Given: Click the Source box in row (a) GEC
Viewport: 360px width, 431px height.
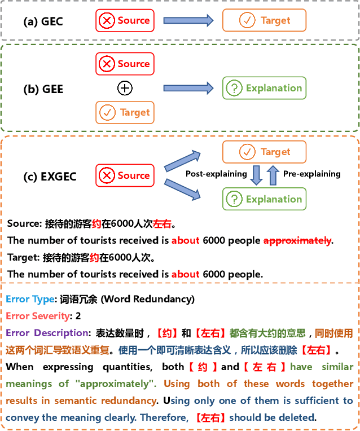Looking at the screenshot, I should [125, 21].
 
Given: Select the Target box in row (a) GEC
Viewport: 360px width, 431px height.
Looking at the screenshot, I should [264, 21].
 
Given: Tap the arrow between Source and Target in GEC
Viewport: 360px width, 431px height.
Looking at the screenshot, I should [188, 21].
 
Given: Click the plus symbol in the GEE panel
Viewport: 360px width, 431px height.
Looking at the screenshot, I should [125, 88].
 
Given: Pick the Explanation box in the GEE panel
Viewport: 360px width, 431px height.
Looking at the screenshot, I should [264, 88].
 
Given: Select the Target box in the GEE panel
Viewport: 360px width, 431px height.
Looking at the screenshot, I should [125, 113].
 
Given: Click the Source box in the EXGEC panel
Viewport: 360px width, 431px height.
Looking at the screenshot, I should [125, 175].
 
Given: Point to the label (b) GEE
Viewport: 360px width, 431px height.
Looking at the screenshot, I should [43, 89].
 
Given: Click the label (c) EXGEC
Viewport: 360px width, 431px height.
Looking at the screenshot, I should [50, 176].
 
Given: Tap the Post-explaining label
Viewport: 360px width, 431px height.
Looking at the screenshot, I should [216, 174].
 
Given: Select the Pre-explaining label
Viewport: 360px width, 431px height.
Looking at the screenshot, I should [311, 174].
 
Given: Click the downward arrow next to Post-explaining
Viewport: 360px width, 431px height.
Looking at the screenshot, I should [256, 175].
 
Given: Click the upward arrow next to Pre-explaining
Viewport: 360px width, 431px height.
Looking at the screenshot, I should [273, 175].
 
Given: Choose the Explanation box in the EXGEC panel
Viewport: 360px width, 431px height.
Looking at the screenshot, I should [264, 199].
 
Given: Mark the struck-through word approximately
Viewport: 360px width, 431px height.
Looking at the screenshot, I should [297, 240].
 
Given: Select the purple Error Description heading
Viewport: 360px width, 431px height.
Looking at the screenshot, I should [47, 333].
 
